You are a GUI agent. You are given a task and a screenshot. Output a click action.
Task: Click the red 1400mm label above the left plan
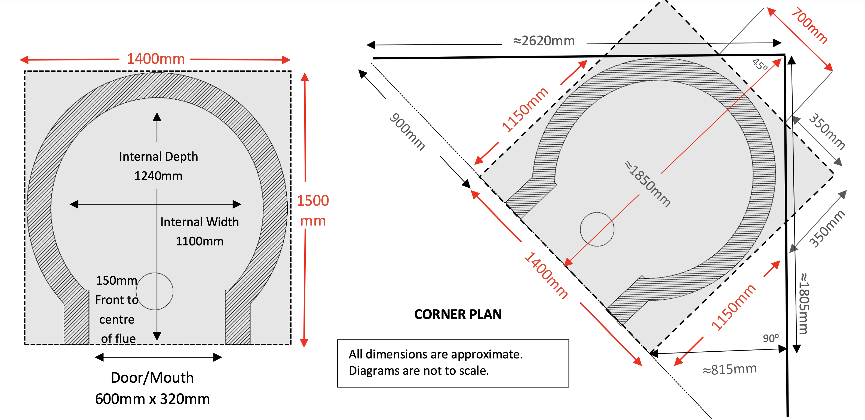pos(156,59)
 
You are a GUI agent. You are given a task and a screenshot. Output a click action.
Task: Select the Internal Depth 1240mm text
pos(158,166)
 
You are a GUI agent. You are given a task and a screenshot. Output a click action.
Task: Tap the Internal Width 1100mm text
pos(200,232)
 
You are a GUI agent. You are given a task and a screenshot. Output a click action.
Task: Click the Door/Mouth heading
pos(152,378)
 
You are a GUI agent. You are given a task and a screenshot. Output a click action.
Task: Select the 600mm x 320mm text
pos(152,399)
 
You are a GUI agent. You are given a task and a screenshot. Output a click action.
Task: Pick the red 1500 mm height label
pos(313,211)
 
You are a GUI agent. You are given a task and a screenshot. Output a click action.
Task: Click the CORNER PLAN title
pos(458,314)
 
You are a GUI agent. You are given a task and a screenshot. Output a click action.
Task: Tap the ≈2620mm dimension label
pos(544,41)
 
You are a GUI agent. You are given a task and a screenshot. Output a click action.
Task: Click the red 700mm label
pos(809,26)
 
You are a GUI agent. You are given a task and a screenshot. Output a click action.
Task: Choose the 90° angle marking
pos(771,338)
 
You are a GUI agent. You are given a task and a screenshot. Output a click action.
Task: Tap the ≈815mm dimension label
pos(729,369)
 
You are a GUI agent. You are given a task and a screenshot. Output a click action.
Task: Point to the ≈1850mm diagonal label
pos(648,184)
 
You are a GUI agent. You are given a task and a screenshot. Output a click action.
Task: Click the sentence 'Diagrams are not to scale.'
pos(419,371)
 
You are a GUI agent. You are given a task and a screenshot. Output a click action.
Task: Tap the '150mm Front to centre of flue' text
pos(117,309)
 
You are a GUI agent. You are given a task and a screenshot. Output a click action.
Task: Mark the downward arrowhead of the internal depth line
pos(157,336)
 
